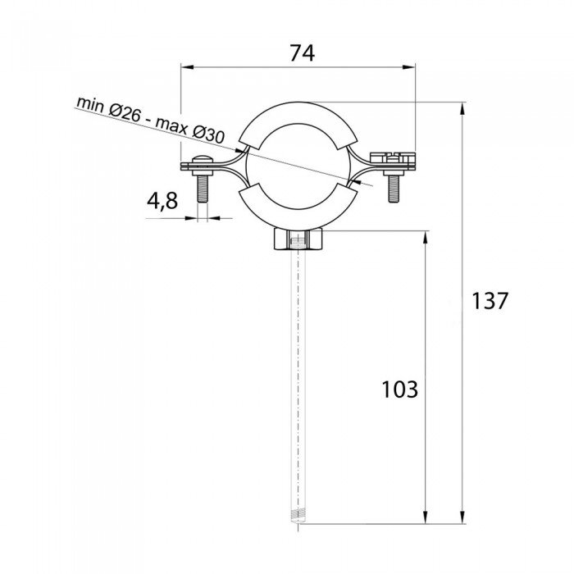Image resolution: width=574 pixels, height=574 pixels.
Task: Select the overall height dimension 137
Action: [490, 300]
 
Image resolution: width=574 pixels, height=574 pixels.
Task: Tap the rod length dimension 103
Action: [400, 389]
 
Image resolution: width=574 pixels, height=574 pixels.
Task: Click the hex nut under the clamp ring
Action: [298, 241]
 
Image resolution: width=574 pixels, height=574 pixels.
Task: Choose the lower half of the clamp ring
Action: [297, 215]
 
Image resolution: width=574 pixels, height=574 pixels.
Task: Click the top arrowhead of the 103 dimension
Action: [426, 239]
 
